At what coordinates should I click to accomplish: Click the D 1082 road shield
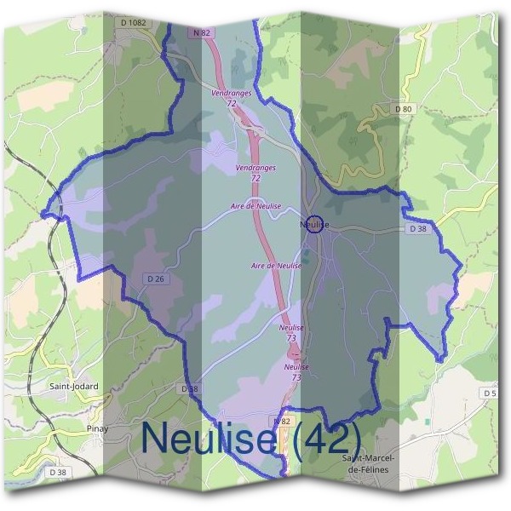[x=132, y=23]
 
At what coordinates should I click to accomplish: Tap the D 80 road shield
[x=404, y=109]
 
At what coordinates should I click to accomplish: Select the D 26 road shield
[x=154, y=278]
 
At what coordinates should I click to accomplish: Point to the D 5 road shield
[x=489, y=393]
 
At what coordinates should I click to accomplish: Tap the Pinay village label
[x=98, y=428]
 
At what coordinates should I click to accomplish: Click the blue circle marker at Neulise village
[x=314, y=224]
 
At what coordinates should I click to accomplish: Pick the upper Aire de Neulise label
[x=255, y=207]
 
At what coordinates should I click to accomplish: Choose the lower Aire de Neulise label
[x=278, y=266]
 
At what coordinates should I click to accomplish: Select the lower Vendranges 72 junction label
[x=255, y=173]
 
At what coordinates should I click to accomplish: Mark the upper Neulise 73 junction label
[x=292, y=332]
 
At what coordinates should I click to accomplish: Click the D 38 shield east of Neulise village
[x=416, y=228]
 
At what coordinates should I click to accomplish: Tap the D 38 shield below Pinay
[x=58, y=472]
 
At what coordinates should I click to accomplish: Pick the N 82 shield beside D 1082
[x=202, y=33]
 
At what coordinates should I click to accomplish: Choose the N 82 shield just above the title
[x=283, y=421]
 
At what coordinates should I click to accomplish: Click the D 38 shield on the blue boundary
[x=189, y=388]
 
